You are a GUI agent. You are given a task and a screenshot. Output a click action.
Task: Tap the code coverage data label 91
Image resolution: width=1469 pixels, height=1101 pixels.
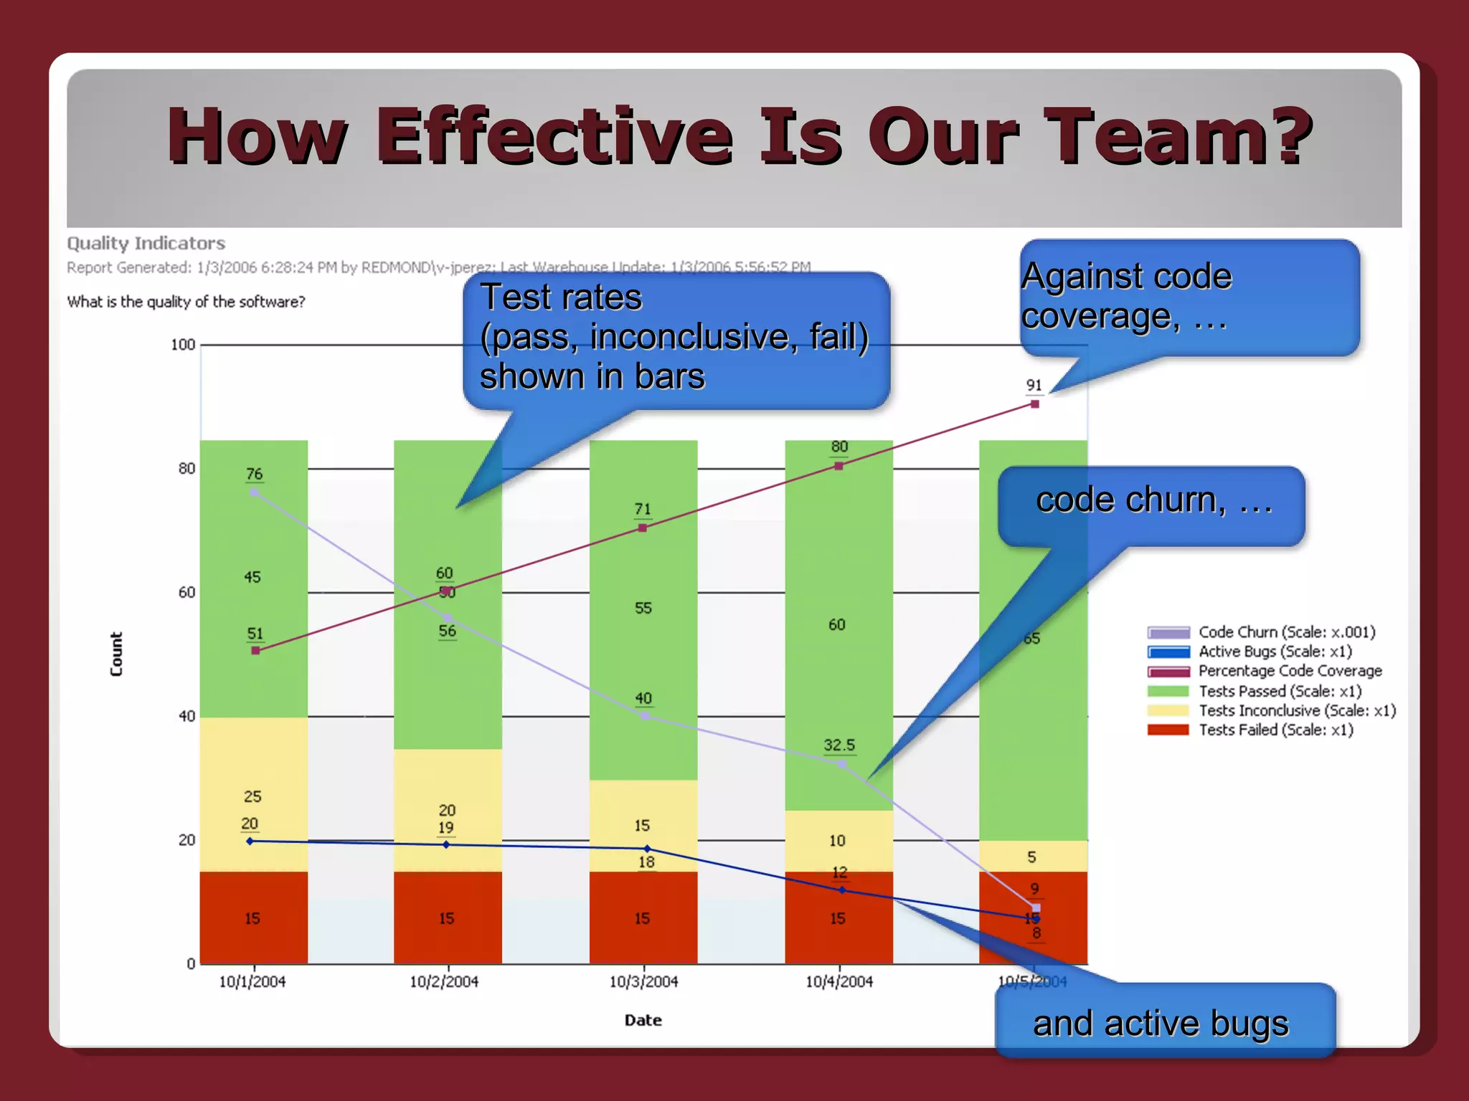coord(1034,385)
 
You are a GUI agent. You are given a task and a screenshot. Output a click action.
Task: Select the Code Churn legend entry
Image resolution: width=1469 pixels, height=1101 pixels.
coord(1261,632)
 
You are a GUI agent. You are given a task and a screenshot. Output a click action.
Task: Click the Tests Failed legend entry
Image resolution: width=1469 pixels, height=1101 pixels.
coord(1250,730)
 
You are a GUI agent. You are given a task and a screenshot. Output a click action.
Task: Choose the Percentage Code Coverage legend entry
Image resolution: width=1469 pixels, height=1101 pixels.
coord(1265,671)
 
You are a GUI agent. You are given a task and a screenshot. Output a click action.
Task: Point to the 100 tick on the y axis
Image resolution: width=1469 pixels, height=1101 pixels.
coord(183,345)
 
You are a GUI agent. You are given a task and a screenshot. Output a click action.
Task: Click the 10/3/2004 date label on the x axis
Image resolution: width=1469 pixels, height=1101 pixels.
coord(643,981)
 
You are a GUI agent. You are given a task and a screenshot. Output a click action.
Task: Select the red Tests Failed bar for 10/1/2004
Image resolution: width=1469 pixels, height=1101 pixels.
coord(253,917)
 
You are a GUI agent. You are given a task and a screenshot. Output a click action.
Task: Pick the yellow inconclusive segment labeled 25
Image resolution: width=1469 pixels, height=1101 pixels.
coord(252,796)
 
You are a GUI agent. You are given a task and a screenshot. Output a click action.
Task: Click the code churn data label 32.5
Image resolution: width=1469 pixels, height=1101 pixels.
coord(839,745)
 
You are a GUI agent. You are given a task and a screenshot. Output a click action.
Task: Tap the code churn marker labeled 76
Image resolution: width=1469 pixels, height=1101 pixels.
coord(254,492)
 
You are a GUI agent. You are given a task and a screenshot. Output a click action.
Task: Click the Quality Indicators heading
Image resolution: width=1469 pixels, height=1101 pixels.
coord(146,244)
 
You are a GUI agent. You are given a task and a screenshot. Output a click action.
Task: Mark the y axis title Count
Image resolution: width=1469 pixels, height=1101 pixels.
coord(116,654)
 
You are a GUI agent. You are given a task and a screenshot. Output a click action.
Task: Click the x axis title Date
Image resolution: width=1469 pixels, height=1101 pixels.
coord(643,1020)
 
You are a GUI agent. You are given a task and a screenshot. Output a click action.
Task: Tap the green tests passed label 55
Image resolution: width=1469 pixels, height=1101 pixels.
coord(643,608)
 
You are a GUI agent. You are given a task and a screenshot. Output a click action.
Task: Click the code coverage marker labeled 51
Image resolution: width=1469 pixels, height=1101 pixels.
coord(255,651)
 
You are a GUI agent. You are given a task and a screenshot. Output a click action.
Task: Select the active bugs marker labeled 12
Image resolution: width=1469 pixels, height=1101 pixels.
coord(842,890)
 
